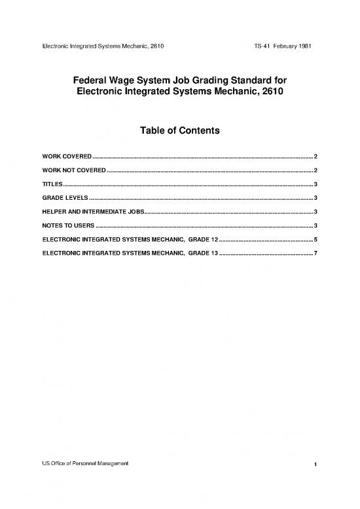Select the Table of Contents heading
[x=179, y=131]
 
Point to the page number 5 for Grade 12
[x=315, y=239]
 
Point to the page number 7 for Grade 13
[x=315, y=252]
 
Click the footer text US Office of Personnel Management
[x=86, y=463]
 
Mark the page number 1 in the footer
[x=315, y=464]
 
